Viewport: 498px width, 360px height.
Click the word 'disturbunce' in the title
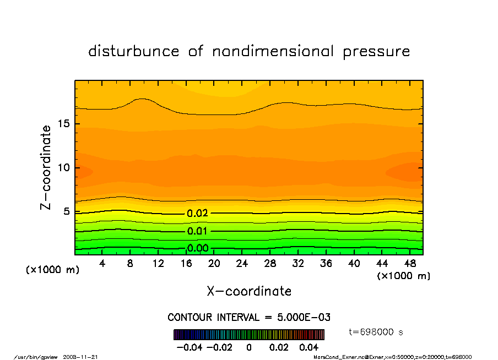[x=134, y=52]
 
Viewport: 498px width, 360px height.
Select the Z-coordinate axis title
[x=46, y=167]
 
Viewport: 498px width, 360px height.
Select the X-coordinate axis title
[x=249, y=291]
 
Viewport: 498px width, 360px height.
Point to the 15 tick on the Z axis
[x=63, y=123]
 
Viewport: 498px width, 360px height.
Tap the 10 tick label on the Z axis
[x=63, y=167]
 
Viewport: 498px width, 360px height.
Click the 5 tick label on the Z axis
[x=66, y=211]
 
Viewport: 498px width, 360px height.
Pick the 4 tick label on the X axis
[x=102, y=263]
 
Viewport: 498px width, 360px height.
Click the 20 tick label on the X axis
[x=214, y=263]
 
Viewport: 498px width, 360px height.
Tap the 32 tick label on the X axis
[x=298, y=263]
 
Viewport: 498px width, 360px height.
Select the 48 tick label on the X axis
[x=410, y=263]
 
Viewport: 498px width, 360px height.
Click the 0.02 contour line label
[x=197, y=213]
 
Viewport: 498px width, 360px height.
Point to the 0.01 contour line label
[x=197, y=231]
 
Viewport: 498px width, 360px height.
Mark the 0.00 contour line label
[x=197, y=248]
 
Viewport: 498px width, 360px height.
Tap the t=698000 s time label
[x=376, y=332]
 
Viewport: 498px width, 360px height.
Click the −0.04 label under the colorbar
[x=185, y=347]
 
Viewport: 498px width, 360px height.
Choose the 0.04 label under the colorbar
[x=309, y=347]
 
